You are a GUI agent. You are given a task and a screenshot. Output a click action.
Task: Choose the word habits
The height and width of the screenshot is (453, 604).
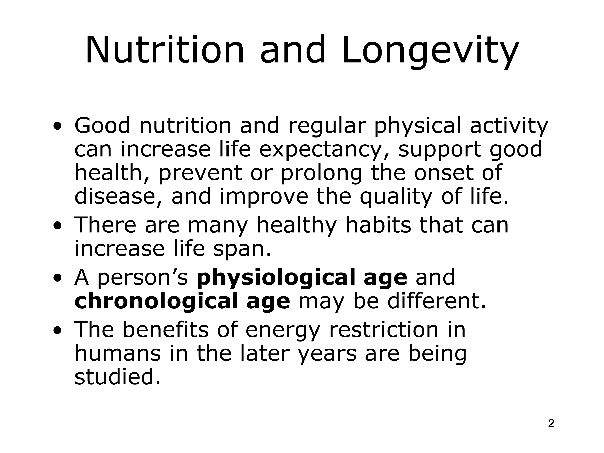point(378,225)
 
